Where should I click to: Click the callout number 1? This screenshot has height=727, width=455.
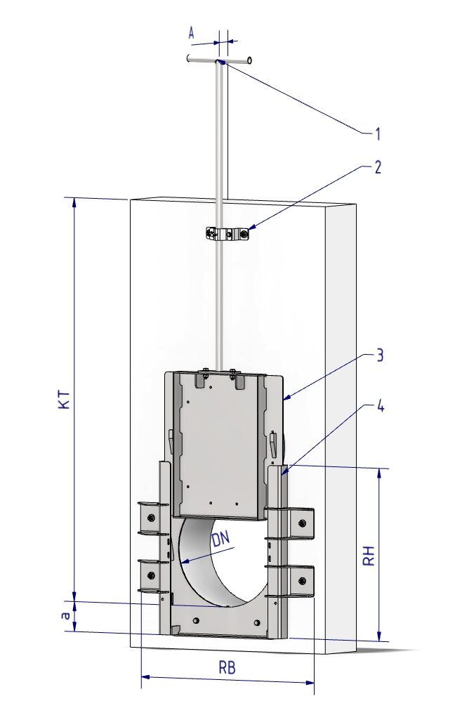coord(377,134)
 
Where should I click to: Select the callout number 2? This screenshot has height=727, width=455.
coord(378,167)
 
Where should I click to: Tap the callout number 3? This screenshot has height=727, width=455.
coord(379,355)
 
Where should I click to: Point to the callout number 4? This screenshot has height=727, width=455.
coord(381,406)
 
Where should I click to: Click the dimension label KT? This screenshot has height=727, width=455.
coord(65,399)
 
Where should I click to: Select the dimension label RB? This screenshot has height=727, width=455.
coord(227,668)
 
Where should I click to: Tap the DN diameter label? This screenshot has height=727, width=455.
coord(221,539)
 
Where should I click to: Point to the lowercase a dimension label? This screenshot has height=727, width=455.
coord(66,615)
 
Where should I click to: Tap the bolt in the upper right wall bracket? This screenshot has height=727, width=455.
coord(302,523)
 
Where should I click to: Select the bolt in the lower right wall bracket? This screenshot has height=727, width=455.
coord(302,580)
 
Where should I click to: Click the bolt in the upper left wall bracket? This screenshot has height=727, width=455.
coord(150,518)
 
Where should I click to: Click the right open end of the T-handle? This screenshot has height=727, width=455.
coord(250,60)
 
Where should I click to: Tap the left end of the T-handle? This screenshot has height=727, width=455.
coord(188,58)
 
